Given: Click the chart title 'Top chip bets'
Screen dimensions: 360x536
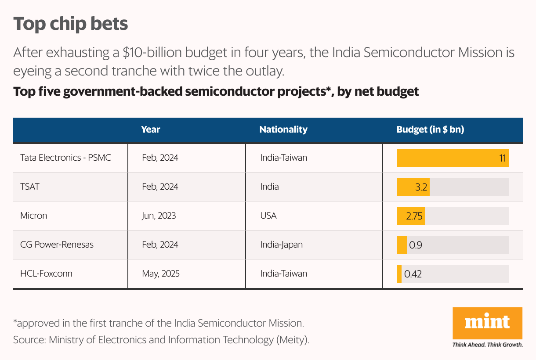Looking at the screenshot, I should pos(70,24).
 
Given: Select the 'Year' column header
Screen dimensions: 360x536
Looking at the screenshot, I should pos(151,130).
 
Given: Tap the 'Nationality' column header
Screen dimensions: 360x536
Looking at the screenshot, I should pos(283,130).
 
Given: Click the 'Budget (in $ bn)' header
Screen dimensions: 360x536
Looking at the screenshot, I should pos(430,130).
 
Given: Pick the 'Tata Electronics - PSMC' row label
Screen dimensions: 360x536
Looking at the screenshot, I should pos(65,157).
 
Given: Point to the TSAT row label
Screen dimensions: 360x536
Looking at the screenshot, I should pos(30,187).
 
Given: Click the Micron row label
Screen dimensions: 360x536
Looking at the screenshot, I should pos(33,216).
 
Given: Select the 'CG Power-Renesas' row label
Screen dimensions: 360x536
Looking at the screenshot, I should pos(57,245).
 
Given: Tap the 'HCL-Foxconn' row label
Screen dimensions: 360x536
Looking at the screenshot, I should pos(46,274).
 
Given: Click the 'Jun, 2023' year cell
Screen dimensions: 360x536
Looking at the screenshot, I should pos(159,216).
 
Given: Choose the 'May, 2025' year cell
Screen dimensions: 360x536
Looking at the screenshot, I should pos(161,274).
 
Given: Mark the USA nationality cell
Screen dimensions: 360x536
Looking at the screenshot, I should pos(268,216).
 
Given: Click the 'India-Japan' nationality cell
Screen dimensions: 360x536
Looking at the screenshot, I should pos(281,245).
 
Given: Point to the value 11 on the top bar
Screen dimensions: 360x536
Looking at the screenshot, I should pos(503,158).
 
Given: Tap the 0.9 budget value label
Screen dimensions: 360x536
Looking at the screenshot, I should pos(416,245).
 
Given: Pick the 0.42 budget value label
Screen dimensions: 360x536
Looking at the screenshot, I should pos(413,274).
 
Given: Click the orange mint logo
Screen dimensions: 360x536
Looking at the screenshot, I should pos(487,323).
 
